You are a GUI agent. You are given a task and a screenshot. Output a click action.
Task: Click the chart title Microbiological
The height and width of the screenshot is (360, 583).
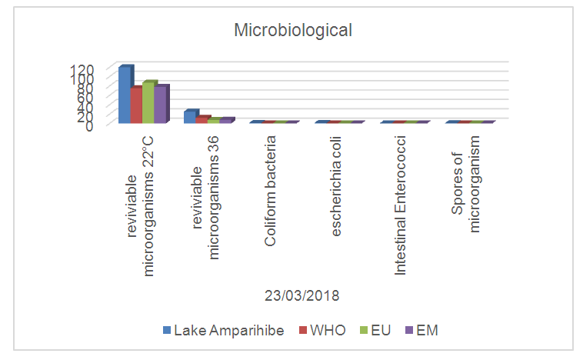[293, 31]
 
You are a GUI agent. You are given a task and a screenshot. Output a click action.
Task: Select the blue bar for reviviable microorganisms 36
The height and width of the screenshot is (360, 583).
[189, 116]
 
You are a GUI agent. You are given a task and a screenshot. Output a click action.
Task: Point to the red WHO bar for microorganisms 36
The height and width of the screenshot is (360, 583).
[202, 119]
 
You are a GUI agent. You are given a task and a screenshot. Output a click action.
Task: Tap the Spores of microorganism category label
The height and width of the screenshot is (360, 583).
[466, 185]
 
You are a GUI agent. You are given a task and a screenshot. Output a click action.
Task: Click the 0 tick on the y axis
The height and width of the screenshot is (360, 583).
[90, 125]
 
